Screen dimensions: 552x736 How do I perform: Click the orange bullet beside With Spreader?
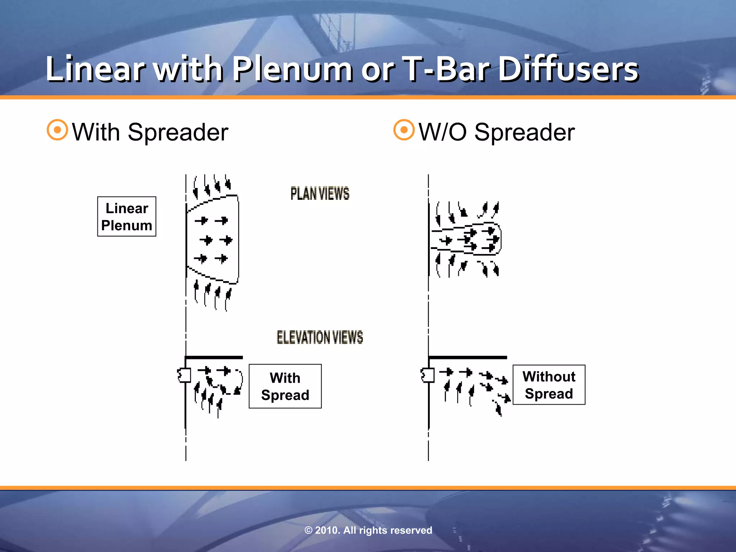point(57,130)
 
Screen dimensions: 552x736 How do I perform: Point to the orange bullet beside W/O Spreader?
point(404,130)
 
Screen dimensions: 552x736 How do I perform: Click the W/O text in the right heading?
point(443,132)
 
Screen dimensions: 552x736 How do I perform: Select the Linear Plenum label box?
point(126,216)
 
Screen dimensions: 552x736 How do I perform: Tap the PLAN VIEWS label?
point(319,194)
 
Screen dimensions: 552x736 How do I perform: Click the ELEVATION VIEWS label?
point(319,337)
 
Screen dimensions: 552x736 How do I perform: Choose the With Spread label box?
point(285,386)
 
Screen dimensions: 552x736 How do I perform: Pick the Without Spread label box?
point(549,385)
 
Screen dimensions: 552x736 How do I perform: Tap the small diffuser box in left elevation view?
point(185,375)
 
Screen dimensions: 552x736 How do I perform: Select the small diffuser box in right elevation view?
point(428,375)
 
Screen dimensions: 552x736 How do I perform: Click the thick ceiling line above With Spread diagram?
point(214,357)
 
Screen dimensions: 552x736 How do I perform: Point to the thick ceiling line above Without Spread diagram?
point(468,357)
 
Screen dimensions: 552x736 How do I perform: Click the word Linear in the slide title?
point(95,69)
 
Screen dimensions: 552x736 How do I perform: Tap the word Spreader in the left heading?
point(178,132)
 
